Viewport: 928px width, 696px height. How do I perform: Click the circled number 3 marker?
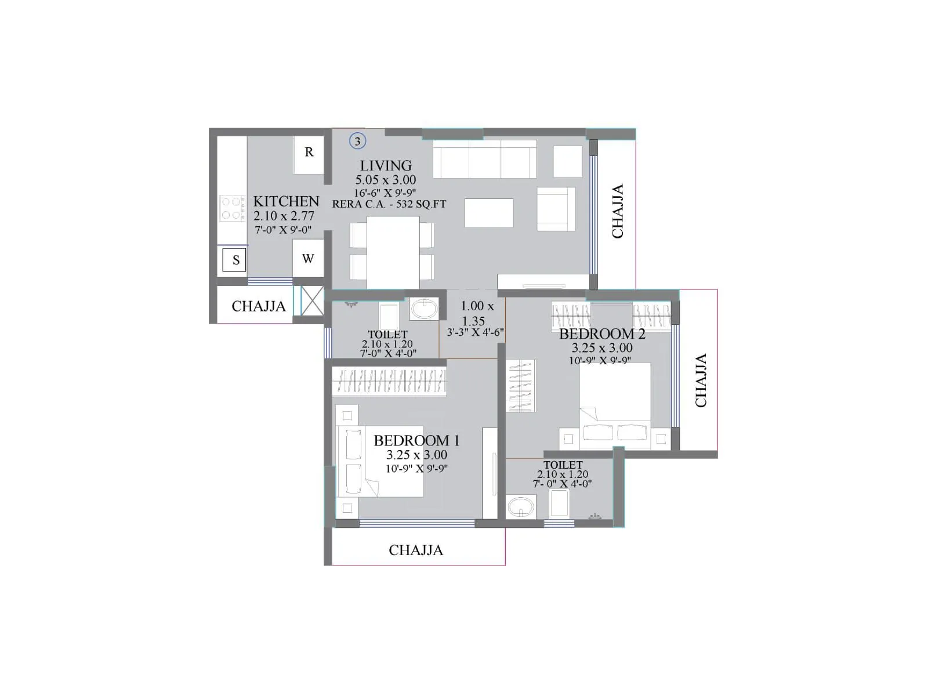(357, 141)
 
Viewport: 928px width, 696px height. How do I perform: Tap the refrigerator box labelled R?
(309, 155)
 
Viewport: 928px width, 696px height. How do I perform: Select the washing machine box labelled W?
(308, 258)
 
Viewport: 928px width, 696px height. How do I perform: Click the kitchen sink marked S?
(234, 260)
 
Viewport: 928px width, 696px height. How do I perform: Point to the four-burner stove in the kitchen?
(232, 208)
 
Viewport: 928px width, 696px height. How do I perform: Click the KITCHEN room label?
(286, 201)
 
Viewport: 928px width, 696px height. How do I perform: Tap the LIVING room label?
(386, 165)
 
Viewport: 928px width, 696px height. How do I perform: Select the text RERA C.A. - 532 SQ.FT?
(389, 204)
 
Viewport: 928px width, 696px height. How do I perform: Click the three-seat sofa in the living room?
(484, 159)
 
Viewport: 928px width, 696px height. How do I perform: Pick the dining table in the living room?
(393, 252)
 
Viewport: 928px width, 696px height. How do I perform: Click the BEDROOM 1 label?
(416, 440)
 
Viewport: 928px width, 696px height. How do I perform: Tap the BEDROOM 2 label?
(602, 334)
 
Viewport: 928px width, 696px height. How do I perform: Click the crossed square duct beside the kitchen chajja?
(312, 300)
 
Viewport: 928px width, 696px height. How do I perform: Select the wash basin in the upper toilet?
(423, 309)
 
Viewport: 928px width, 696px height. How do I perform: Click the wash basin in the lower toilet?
(521, 507)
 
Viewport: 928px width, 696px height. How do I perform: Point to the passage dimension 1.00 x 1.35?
(477, 313)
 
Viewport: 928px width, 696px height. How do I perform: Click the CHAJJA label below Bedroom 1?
(416, 550)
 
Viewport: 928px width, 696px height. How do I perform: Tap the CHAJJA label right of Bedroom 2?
(701, 380)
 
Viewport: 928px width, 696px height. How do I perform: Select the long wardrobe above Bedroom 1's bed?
(389, 382)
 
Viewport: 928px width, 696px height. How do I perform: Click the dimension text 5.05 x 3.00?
(386, 180)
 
